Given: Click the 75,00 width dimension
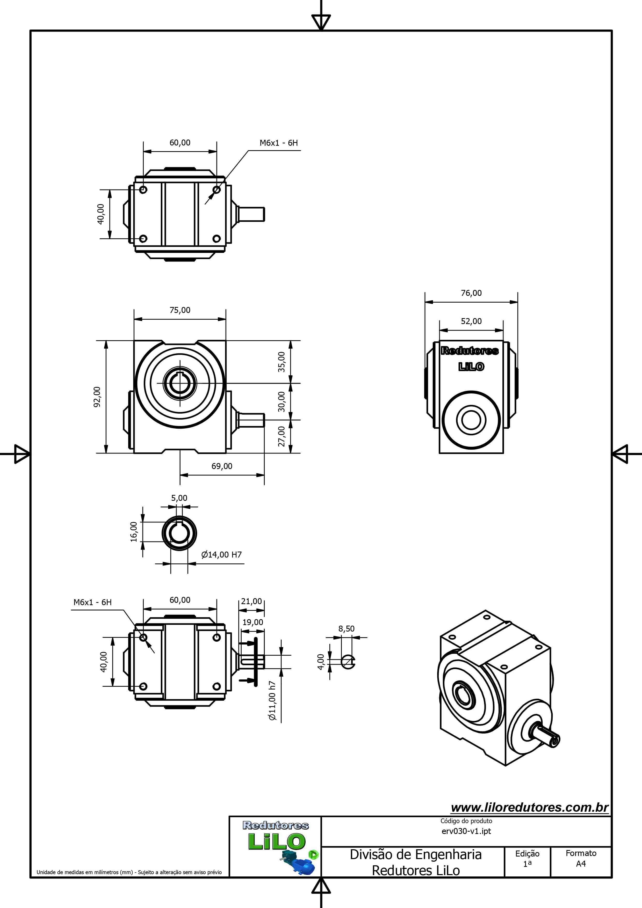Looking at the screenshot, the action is coord(180,310).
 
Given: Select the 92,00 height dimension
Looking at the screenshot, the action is coord(97,396).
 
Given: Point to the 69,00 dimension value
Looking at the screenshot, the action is coord(222,466).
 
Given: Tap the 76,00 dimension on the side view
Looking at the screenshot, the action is coord(471,293).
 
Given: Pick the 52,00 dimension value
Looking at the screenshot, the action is coord(471,321).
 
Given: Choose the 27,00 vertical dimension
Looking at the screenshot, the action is coord(281,436).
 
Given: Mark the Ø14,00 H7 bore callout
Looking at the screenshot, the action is coord(221,554).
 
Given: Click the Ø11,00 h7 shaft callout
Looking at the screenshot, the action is coord(272,700).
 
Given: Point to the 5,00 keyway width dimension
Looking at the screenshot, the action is coord(179,498).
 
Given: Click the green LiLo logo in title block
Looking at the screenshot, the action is coord(277,841).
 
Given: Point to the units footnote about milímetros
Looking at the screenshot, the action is coord(129,872).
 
